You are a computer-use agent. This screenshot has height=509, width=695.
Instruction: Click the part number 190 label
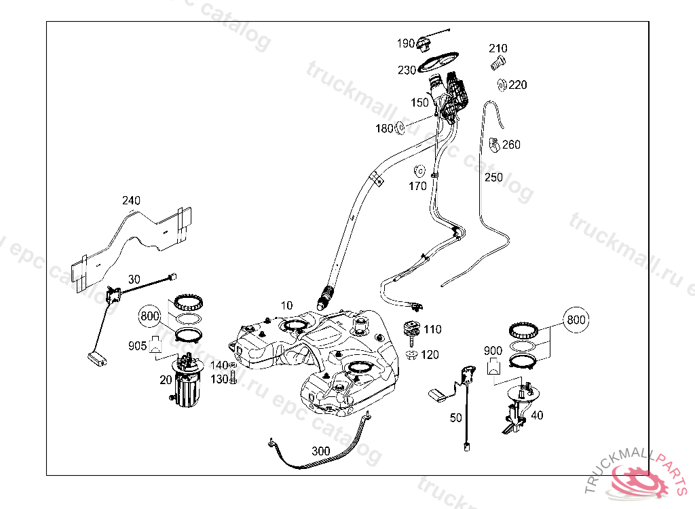pyautogui.click(x=406, y=43)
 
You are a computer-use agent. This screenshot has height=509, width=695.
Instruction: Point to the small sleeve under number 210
pyautogui.click(x=497, y=64)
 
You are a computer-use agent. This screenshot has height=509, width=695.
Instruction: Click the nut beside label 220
pyautogui.click(x=502, y=85)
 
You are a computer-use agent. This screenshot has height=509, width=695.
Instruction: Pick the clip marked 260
pyautogui.click(x=494, y=145)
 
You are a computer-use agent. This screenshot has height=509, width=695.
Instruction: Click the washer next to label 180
pyautogui.click(x=400, y=127)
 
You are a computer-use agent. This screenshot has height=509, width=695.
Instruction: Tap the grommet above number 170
pyautogui.click(x=418, y=170)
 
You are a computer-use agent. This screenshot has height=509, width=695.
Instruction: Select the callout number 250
pyautogui.click(x=493, y=178)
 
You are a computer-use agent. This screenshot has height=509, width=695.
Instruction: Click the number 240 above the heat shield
pyautogui.click(x=131, y=200)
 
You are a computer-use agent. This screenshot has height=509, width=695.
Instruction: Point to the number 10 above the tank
pyautogui.click(x=286, y=306)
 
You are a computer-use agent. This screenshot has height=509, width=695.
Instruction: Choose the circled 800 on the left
pyautogui.click(x=151, y=316)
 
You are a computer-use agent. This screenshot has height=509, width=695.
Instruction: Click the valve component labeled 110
pyautogui.click(x=412, y=329)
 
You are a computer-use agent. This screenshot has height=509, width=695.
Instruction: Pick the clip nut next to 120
pyautogui.click(x=412, y=355)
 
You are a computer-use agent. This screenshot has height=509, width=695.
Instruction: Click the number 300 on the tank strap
pyautogui.click(x=321, y=451)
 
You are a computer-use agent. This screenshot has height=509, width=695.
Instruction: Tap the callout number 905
pyautogui.click(x=138, y=346)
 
